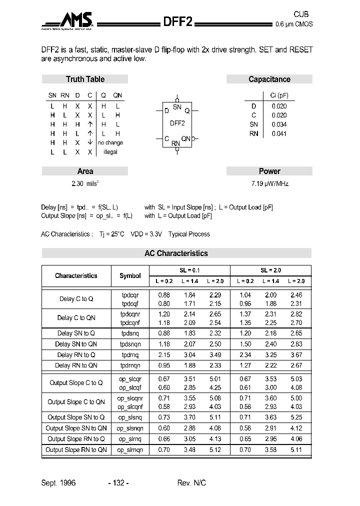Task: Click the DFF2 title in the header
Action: point(178,22)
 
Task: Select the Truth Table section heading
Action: point(85,79)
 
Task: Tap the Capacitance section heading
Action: point(269,79)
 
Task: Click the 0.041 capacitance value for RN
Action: point(279,133)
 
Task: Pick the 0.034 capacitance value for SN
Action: point(279,124)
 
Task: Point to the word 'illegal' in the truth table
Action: point(110,152)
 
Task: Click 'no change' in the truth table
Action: point(110,142)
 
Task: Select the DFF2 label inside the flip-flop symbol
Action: point(177,123)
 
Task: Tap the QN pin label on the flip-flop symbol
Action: point(185,138)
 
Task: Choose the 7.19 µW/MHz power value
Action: point(269,183)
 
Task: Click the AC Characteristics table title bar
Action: point(176,253)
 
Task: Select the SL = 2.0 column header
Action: point(270,270)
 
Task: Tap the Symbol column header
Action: point(130,275)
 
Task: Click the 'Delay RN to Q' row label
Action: point(76,355)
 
